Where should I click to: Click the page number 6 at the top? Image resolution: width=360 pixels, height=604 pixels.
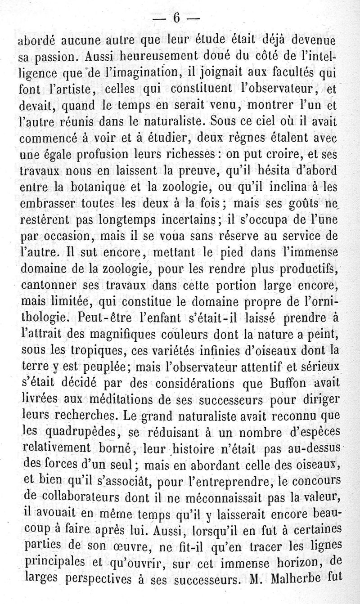pos(176,18)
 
